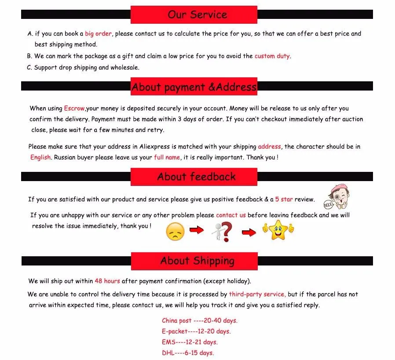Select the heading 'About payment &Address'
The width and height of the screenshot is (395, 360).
(194, 87)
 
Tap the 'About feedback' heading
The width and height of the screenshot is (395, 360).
(196, 177)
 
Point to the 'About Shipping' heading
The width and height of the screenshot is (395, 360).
(197, 261)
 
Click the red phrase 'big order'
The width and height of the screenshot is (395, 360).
(98, 33)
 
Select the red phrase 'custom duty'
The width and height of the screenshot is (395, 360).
(272, 56)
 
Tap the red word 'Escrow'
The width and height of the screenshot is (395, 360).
(74, 108)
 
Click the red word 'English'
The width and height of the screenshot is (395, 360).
(40, 157)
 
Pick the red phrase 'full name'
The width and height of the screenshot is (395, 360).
(167, 157)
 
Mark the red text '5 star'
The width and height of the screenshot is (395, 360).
(284, 199)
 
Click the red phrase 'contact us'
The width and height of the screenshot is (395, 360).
(230, 215)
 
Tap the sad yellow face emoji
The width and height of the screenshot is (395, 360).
(175, 232)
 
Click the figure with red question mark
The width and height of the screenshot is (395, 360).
(221, 232)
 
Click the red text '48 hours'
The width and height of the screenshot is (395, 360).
(107, 281)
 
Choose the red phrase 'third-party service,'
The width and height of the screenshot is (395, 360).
(257, 294)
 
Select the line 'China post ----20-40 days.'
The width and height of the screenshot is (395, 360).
(199, 320)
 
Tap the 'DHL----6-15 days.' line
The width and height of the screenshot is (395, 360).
(187, 353)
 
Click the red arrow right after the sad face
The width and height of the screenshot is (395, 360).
(197, 229)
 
